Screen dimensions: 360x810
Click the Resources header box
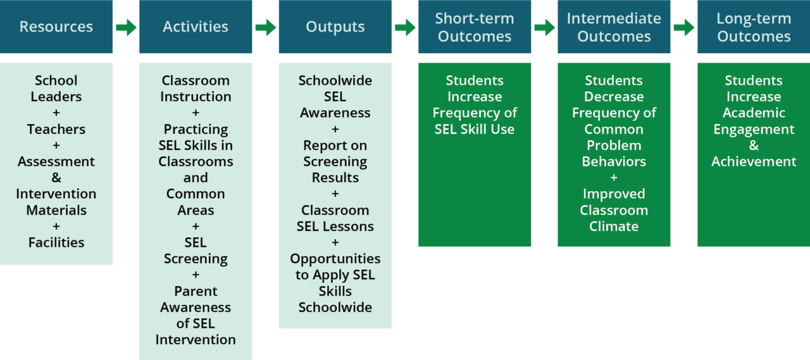point(56,27)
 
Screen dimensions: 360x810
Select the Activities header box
point(196,27)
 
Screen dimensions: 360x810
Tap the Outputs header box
point(335,27)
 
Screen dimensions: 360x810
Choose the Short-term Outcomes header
point(474,27)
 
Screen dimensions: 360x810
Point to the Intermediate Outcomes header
point(613,27)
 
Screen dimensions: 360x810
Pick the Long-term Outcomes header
point(753,27)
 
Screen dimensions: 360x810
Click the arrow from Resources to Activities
point(126,27)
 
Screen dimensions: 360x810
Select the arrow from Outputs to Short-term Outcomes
point(405,27)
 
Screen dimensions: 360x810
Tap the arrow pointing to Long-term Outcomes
point(683,27)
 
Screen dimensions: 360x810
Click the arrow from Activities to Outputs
point(266,27)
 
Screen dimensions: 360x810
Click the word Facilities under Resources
point(56,242)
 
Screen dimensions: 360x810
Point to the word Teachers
point(56,129)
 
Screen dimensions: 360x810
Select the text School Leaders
point(56,89)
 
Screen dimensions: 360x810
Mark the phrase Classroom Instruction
point(196,89)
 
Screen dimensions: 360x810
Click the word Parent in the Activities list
point(196,291)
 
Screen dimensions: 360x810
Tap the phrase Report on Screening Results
point(335,161)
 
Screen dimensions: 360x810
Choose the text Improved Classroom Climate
point(613,210)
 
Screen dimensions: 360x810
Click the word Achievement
point(753,161)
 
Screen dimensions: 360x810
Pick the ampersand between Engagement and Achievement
point(753,146)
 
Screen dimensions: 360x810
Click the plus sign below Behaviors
point(613,178)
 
